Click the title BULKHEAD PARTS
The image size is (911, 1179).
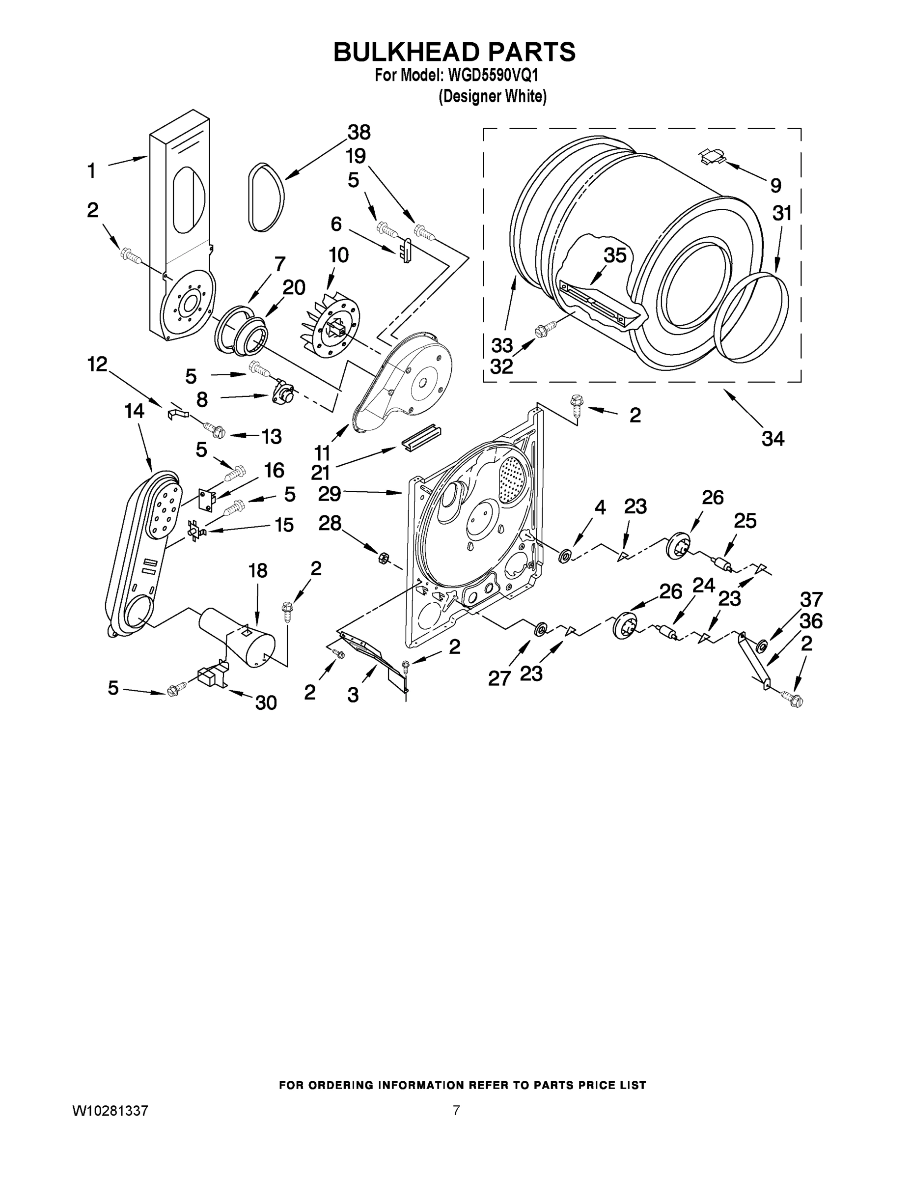[x=454, y=52]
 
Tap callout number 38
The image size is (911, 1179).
[x=359, y=132]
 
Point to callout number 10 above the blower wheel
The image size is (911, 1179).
[x=338, y=255]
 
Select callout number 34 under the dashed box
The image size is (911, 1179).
[x=773, y=439]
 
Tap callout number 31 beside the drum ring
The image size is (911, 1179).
[x=781, y=214]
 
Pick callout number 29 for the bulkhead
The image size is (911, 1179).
[x=329, y=493]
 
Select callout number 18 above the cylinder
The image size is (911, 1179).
[x=258, y=571]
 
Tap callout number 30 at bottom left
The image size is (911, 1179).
[x=266, y=702]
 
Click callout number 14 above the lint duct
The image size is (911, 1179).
[x=135, y=411]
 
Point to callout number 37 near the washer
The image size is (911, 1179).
[x=811, y=599]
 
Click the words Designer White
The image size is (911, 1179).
[x=492, y=97]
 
